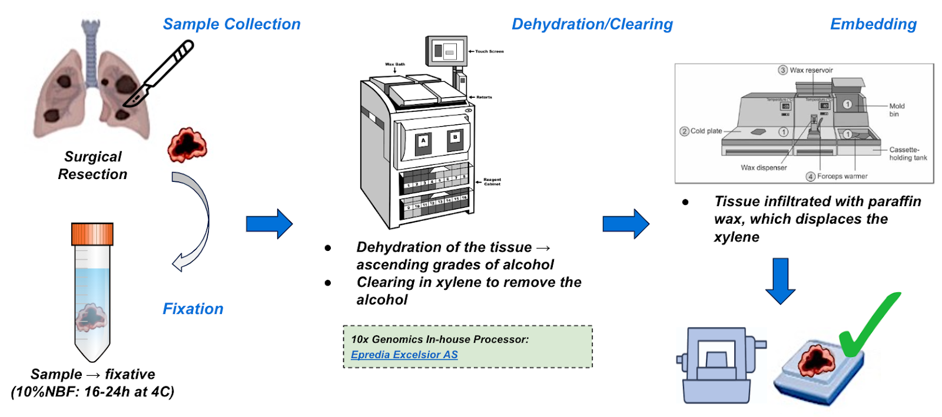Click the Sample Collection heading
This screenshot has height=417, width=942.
(x=231, y=24)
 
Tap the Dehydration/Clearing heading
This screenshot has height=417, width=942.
(x=592, y=24)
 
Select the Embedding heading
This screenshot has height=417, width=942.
(x=873, y=24)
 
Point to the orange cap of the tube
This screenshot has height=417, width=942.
(x=92, y=234)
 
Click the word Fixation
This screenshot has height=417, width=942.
(x=193, y=309)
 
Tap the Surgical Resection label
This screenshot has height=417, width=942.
(x=92, y=166)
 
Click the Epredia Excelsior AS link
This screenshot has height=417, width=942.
(x=404, y=355)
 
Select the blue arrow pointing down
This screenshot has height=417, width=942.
(x=780, y=280)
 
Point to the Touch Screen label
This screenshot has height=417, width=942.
(x=489, y=51)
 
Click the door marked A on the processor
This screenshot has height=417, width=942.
(x=423, y=144)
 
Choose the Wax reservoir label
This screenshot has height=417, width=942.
(x=811, y=70)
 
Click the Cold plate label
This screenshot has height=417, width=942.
(x=706, y=131)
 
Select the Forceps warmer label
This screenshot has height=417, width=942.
(x=842, y=176)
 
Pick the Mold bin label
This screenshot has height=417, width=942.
(x=896, y=110)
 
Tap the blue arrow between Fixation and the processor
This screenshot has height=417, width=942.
(x=269, y=224)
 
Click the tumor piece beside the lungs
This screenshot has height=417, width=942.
(x=187, y=145)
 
